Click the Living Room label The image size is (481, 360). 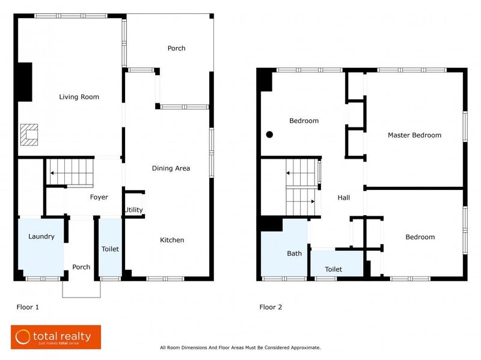[x=79, y=97]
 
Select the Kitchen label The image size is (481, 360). [x=171, y=240]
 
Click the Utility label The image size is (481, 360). [x=133, y=210]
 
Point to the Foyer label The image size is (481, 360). [x=99, y=197]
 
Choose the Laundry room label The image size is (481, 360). [x=41, y=236]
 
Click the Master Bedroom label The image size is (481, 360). [x=414, y=135]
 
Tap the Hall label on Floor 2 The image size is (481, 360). [x=343, y=197]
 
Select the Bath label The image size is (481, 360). [x=294, y=253]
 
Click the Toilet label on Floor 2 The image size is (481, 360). [x=333, y=269]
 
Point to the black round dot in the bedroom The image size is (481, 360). [x=270, y=134]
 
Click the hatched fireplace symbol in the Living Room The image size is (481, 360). [x=28, y=134]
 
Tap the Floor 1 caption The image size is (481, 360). [x=28, y=307]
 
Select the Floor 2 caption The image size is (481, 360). [x=271, y=307]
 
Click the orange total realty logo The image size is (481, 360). [x=56, y=337]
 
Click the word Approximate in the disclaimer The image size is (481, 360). [x=304, y=348]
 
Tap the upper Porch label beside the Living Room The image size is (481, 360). [x=176, y=48]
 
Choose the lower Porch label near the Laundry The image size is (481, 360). [x=81, y=267]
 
